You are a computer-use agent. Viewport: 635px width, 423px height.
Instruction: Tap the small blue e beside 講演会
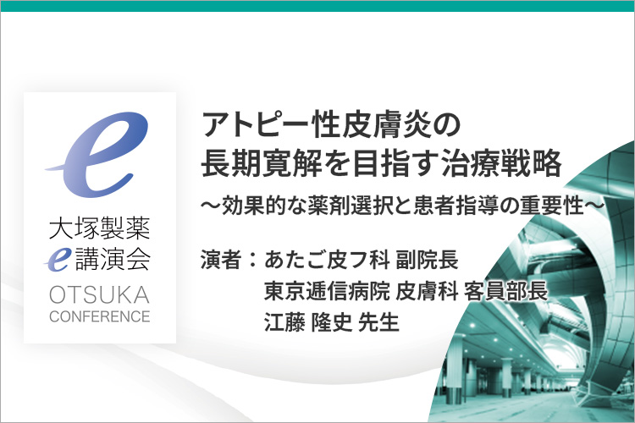[x=58, y=259]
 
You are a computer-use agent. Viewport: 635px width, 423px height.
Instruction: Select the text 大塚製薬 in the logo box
[x=100, y=228]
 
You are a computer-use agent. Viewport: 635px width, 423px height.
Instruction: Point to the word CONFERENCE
[x=100, y=316]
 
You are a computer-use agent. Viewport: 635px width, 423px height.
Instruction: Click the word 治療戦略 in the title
[x=501, y=164]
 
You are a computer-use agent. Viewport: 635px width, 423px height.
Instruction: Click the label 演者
[x=221, y=260]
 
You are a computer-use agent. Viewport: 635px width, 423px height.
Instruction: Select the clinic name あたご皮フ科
[x=327, y=260]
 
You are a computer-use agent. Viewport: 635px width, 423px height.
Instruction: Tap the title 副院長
[x=428, y=260]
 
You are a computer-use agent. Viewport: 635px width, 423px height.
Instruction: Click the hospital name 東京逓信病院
[x=327, y=291]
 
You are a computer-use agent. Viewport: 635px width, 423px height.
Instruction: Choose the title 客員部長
[x=506, y=291]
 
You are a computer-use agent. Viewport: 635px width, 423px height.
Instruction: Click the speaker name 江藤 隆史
[x=308, y=321]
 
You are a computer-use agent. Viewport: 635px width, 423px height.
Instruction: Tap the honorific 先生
[x=379, y=321]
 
